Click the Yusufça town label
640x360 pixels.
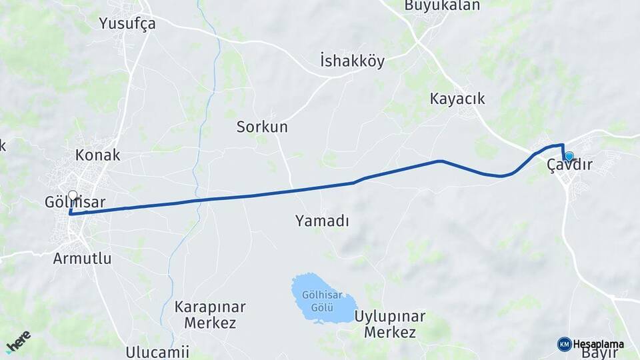coord(127,24)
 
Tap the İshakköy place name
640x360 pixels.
coord(352,61)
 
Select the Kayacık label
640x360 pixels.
coord(457,99)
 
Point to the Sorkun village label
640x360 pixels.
coord(262,127)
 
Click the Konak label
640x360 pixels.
coord(98,155)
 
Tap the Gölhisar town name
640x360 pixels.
coord(75,201)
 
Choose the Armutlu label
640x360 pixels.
coord(82,259)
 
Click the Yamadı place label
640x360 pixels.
coord(322,221)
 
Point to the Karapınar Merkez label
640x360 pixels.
coord(209,315)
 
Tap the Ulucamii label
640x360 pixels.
coord(157,351)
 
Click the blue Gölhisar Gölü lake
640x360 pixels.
coord(323,298)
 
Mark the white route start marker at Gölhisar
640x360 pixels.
coord(73,196)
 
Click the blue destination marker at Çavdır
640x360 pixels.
coord(569,156)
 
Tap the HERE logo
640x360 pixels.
coord(19,341)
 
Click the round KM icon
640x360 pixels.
coord(564,344)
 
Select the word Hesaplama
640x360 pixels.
coord(599,344)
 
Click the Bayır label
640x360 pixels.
coord(599,354)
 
